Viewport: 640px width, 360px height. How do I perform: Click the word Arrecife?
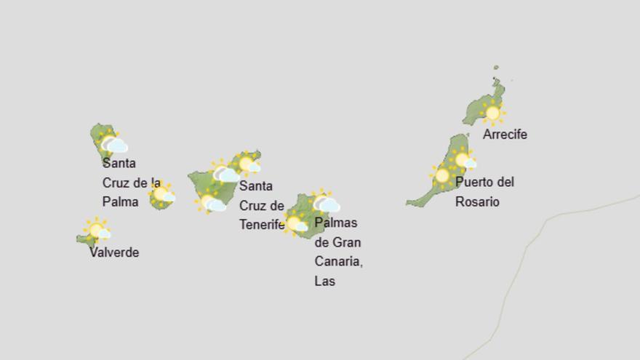(505, 135)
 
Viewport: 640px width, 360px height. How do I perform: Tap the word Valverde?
(114, 252)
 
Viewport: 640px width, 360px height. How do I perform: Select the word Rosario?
(477, 202)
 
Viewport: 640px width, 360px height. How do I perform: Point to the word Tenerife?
(262, 225)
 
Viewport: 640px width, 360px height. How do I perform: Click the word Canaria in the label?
(338, 261)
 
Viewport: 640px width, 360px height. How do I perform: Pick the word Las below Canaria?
(324, 281)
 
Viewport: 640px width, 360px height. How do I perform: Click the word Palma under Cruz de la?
(120, 201)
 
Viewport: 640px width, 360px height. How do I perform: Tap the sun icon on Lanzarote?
(493, 113)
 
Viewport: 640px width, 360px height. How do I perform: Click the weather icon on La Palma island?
(112, 143)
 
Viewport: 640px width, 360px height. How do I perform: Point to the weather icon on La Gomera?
(162, 194)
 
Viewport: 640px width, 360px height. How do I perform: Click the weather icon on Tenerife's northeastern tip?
(247, 164)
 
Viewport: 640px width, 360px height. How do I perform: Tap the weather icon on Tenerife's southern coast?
(211, 202)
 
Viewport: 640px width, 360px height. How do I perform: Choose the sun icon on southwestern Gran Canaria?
(295, 223)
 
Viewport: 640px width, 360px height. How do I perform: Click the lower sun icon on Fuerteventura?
(442, 175)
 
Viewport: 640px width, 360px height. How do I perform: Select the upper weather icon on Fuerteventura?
(463, 160)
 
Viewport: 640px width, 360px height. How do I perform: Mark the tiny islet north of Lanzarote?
(496, 68)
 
